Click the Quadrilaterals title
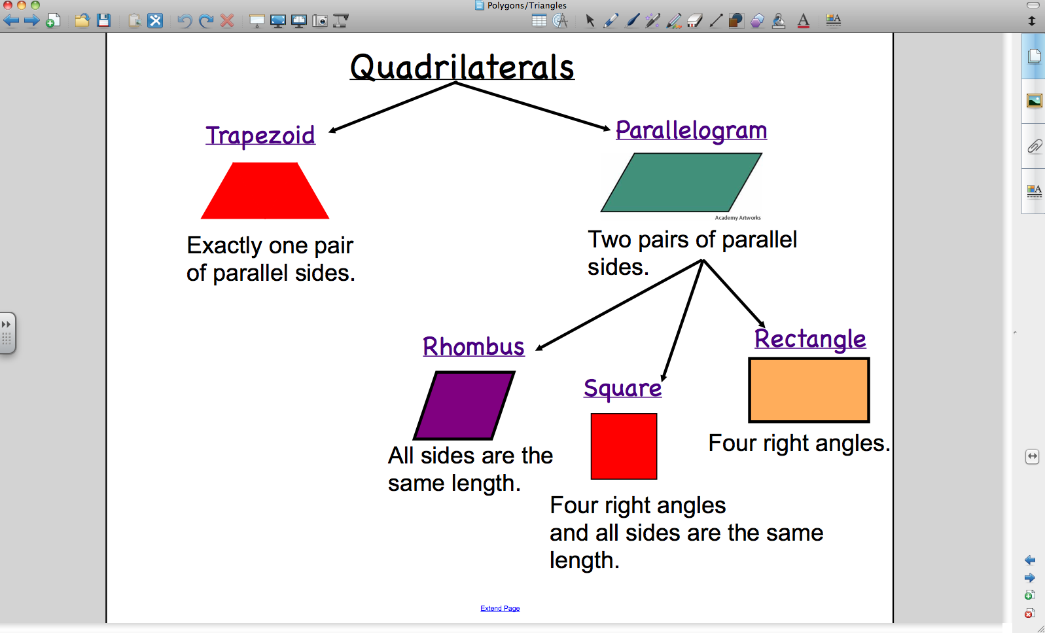coord(462,67)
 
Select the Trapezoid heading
coord(260,136)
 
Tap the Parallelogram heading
coord(691,131)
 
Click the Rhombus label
coord(474,346)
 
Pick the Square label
coord(622,389)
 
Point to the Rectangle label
coord(810,339)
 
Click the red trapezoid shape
coord(265,190)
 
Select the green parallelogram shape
coord(681,183)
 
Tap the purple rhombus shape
coord(464,405)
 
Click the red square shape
coord(624,446)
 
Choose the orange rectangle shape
coord(809,390)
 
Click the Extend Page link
coord(500,608)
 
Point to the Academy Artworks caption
coord(737,217)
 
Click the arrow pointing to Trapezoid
coord(392,107)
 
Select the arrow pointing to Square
coord(682,321)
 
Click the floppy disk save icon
coord(103,20)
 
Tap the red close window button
coord(7,5)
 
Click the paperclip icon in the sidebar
coord(1035,146)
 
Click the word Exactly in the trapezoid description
coord(224,246)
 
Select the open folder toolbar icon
coord(82,20)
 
